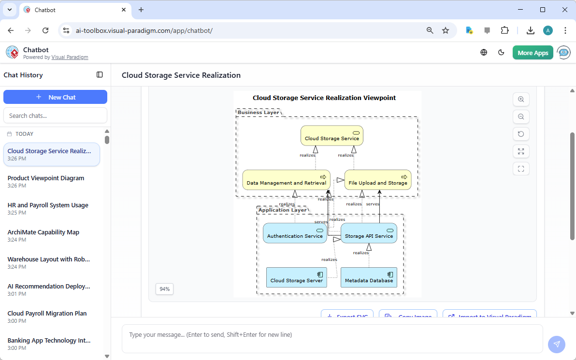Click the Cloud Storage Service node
331,136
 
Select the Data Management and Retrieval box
286,180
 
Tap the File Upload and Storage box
377,180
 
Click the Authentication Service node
295,233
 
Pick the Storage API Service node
369,233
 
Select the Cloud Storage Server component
296,277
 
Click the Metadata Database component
369,277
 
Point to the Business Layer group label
258,112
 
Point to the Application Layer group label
282,210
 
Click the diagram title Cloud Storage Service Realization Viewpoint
324,98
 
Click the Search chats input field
55,115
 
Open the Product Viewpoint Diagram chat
46,178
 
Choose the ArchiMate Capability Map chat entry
43,232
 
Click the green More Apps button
533,53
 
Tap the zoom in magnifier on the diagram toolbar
521,100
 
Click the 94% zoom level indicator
164,289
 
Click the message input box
332,338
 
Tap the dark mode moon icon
501,53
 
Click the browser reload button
45,30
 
